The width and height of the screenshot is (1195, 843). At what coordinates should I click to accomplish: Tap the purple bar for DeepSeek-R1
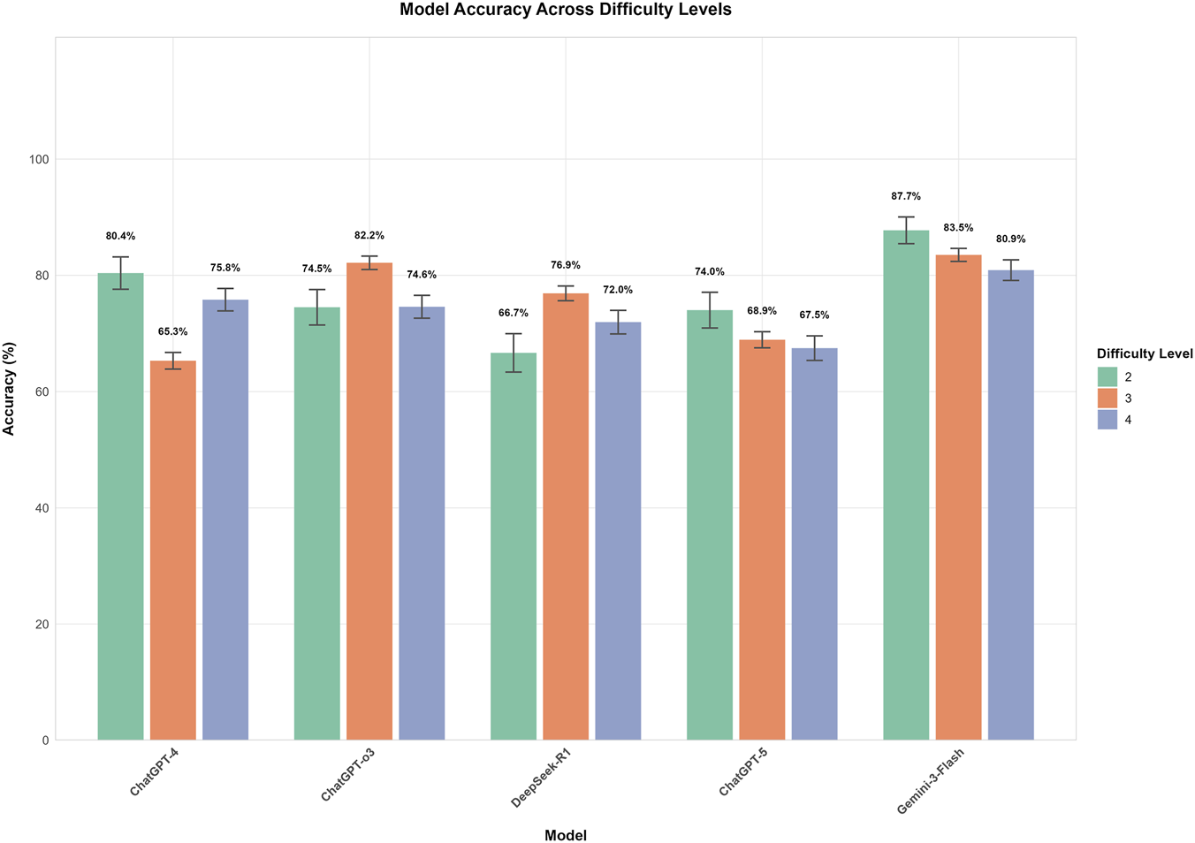618,530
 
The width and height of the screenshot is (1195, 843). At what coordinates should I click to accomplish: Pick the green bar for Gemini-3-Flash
906,485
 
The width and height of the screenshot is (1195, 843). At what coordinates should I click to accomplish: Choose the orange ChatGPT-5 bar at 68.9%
762,539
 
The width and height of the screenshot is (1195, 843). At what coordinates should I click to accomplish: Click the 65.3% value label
172,331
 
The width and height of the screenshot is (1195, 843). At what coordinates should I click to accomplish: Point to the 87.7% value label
906,196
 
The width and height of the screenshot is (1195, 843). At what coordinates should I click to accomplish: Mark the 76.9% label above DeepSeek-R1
566,265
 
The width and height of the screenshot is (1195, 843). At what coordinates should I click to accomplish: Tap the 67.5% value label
814,315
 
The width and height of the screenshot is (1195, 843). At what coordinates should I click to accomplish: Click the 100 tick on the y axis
40,159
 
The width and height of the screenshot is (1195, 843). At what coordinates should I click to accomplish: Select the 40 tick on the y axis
42,508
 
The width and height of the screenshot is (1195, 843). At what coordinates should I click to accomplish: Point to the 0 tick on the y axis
45,740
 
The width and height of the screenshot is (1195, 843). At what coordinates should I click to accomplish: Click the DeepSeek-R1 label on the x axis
541,778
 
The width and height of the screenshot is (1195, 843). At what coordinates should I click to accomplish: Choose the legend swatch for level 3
1108,399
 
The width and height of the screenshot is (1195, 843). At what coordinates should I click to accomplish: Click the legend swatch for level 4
1108,420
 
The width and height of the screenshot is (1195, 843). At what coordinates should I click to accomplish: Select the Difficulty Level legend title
1145,353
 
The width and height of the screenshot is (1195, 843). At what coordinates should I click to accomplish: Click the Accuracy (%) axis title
10,389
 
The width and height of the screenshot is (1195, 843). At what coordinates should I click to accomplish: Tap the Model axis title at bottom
566,835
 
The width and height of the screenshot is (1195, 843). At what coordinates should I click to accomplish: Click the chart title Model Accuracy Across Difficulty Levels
566,10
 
